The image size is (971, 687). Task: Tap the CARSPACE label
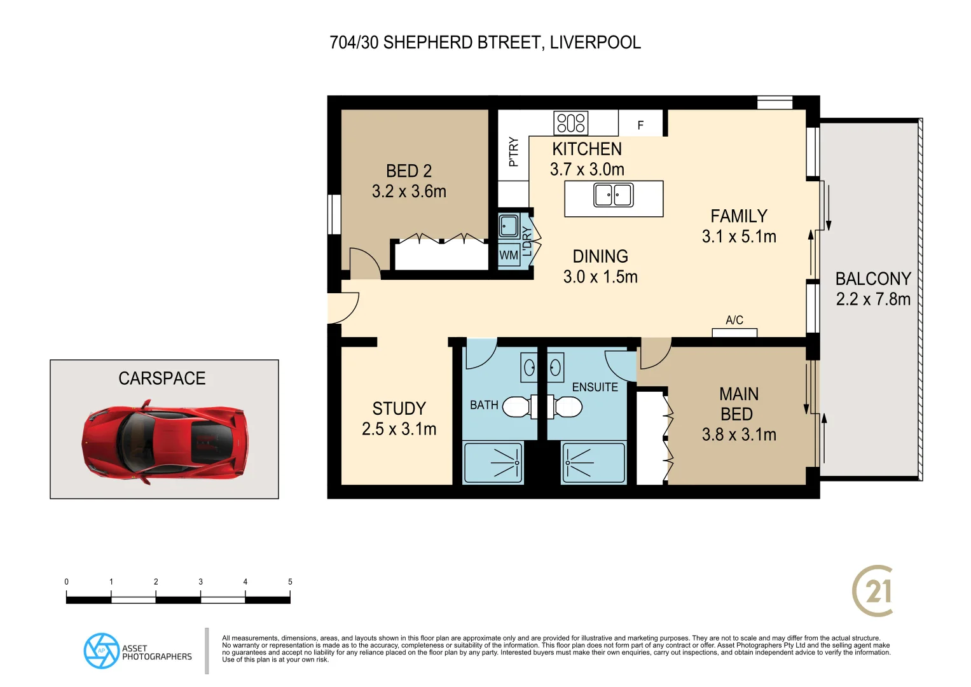pyautogui.click(x=162, y=378)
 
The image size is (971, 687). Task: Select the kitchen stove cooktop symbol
pyautogui.click(x=571, y=123)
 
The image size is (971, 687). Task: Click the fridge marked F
pyautogui.click(x=640, y=125)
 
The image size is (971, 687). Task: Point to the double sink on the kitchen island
pyautogui.click(x=613, y=195)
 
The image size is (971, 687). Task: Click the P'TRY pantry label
pyautogui.click(x=514, y=151)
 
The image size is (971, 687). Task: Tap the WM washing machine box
pyautogui.click(x=509, y=255)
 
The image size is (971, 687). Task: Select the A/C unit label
pyautogui.click(x=734, y=320)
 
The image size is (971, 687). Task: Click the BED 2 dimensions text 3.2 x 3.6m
pyautogui.click(x=409, y=191)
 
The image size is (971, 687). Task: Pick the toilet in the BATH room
pyautogui.click(x=516, y=406)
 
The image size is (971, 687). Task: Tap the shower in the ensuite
pyautogui.click(x=592, y=463)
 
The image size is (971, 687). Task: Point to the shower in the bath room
pyautogui.click(x=493, y=463)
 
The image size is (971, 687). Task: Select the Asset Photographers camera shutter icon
pyautogui.click(x=101, y=651)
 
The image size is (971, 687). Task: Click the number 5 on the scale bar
pyautogui.click(x=290, y=581)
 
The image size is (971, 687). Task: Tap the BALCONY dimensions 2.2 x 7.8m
pyautogui.click(x=873, y=300)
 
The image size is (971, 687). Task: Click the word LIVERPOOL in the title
pyautogui.click(x=595, y=43)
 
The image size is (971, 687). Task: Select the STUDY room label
pyautogui.click(x=399, y=408)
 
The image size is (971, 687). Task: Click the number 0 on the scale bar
pyautogui.click(x=66, y=581)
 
